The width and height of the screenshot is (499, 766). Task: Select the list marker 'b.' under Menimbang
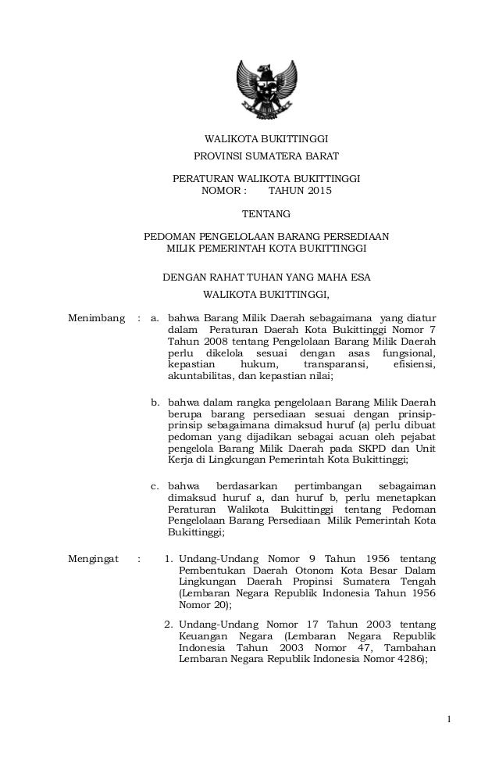pos(155,402)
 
